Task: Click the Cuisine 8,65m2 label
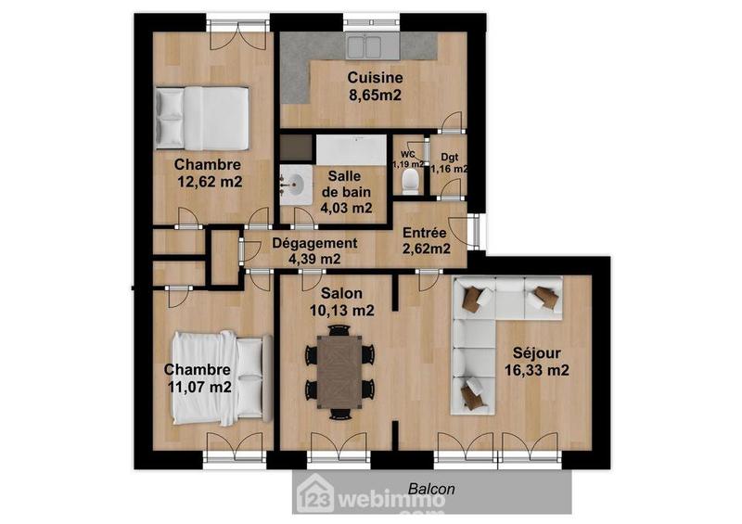click(374, 85)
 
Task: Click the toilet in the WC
click(409, 180)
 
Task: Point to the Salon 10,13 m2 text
click(339, 302)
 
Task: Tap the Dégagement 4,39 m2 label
click(314, 251)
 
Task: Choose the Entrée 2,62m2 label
click(427, 240)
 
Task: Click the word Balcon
click(430, 488)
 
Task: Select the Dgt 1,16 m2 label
click(450, 163)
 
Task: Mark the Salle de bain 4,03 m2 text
click(346, 193)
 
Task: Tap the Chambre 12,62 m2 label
click(209, 173)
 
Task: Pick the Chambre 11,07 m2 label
click(198, 377)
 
